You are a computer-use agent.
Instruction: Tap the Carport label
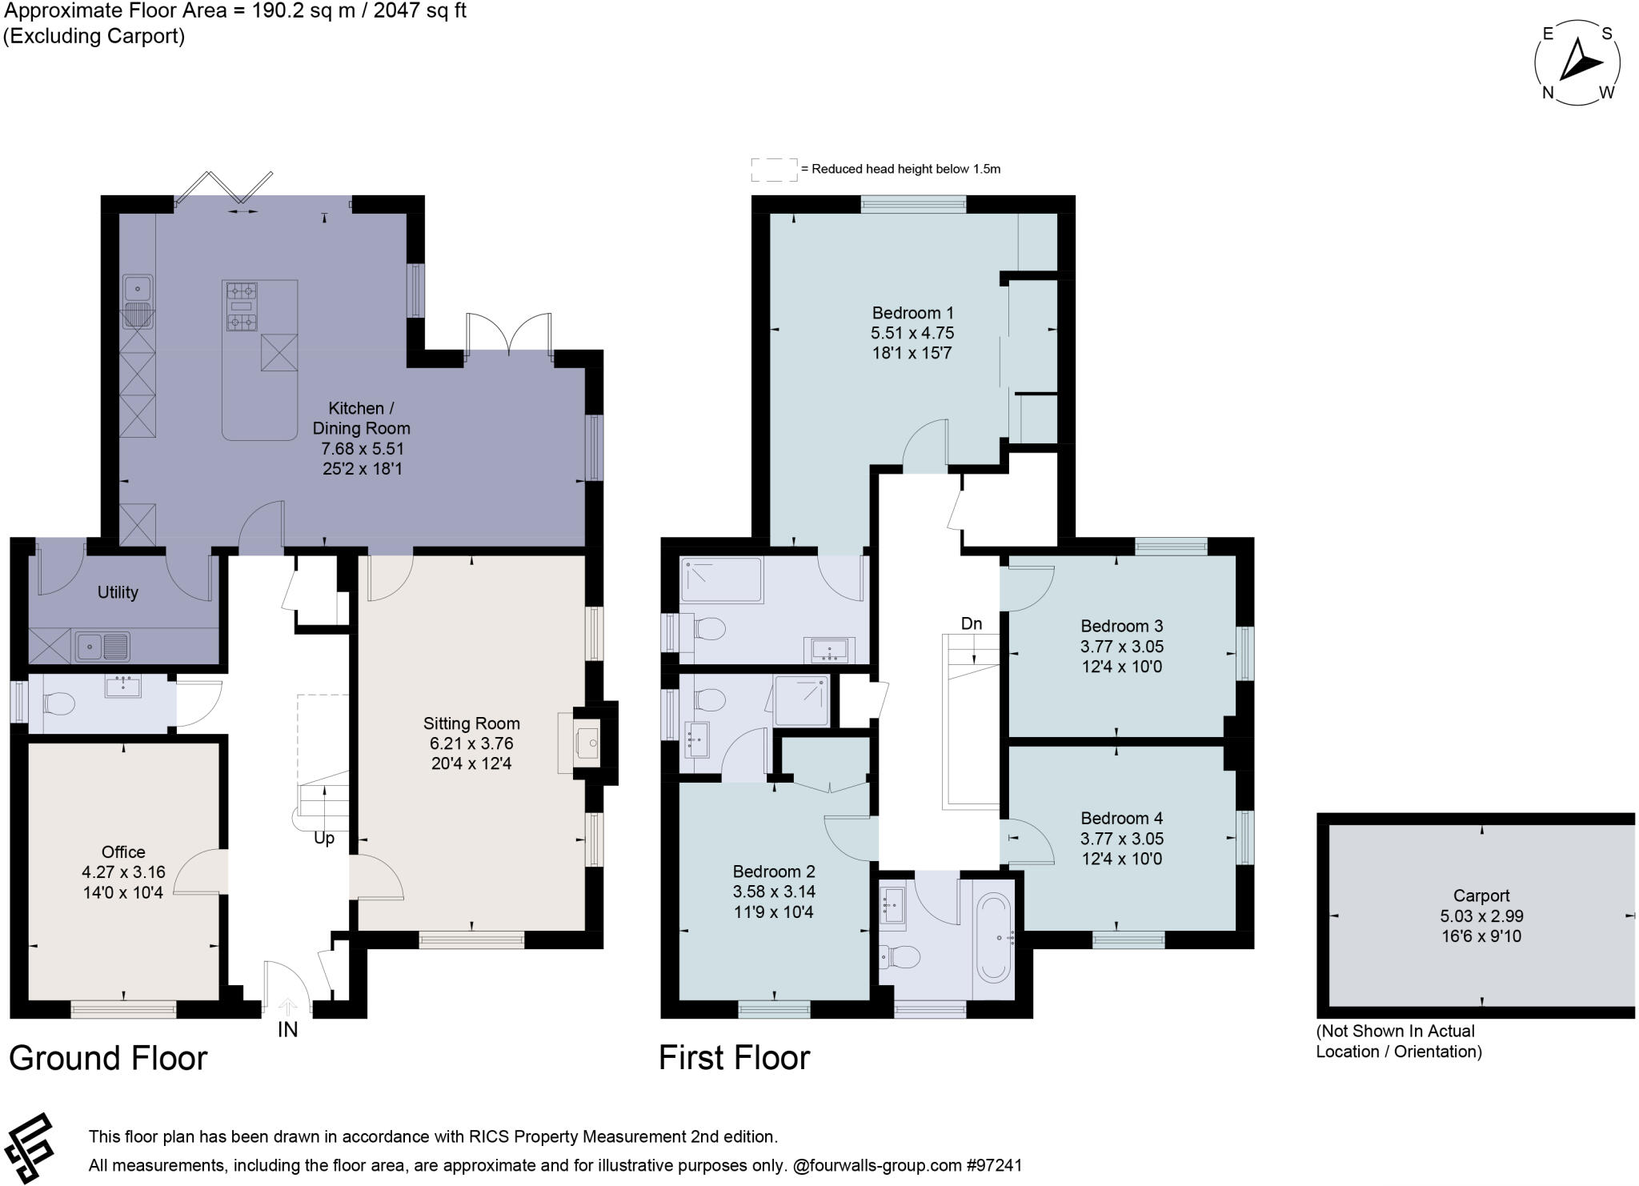click(x=1481, y=896)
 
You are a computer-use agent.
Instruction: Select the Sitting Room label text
click(x=471, y=723)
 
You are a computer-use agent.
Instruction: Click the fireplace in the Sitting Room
click(x=587, y=743)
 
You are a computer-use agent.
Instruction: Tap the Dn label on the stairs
click(x=971, y=623)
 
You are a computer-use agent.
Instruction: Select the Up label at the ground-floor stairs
click(x=323, y=838)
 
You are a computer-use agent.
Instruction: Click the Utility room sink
click(x=102, y=645)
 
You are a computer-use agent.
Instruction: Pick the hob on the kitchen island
click(x=241, y=306)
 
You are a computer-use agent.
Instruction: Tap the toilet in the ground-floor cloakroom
click(x=58, y=704)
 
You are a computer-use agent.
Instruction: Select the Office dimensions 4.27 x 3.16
click(x=123, y=871)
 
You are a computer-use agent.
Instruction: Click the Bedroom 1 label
click(x=912, y=313)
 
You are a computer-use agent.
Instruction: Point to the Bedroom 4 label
click(x=1121, y=818)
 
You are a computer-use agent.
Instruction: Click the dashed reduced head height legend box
click(x=773, y=169)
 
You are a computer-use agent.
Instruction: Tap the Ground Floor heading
click(x=108, y=1058)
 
